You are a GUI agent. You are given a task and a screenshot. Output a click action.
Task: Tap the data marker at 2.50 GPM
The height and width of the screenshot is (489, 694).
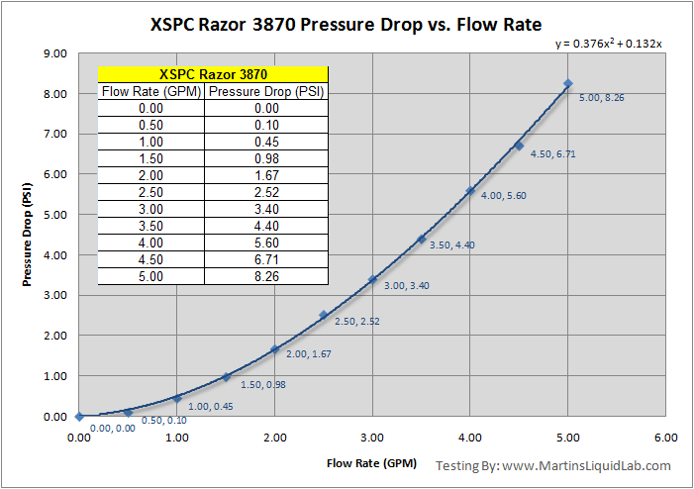(x=323, y=315)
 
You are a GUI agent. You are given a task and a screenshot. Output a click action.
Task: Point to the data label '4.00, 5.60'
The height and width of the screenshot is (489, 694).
(x=503, y=196)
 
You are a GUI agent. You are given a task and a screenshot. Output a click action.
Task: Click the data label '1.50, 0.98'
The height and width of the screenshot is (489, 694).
(x=262, y=384)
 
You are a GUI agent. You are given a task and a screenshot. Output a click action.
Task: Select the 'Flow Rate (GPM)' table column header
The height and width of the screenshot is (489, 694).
(x=151, y=92)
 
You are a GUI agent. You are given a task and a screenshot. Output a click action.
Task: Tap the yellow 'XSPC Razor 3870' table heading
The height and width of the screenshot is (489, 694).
(x=213, y=75)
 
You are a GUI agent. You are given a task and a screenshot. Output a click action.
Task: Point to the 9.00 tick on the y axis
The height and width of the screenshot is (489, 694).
(x=53, y=53)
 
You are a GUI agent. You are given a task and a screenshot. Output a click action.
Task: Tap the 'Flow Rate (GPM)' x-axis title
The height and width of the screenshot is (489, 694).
(x=371, y=462)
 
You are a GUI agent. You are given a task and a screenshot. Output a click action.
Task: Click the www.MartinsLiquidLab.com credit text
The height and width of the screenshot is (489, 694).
(x=587, y=465)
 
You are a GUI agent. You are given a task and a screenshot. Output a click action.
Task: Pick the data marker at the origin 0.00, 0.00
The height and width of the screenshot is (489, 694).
(x=79, y=417)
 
